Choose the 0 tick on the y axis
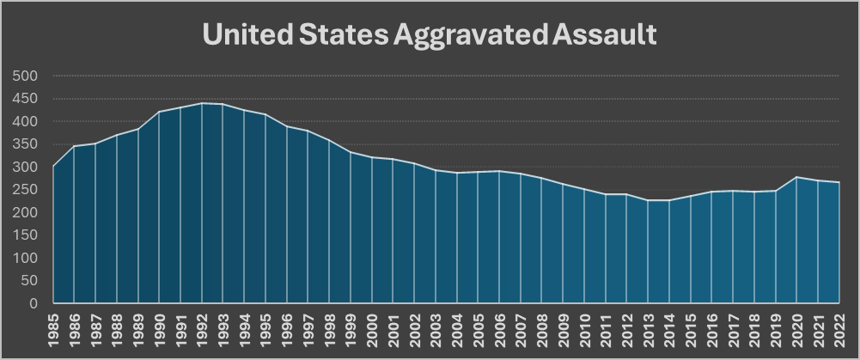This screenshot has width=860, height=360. click(35, 303)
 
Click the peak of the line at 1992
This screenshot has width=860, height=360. click(202, 103)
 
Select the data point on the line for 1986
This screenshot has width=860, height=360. click(74, 146)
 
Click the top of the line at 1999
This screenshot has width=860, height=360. click(351, 152)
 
